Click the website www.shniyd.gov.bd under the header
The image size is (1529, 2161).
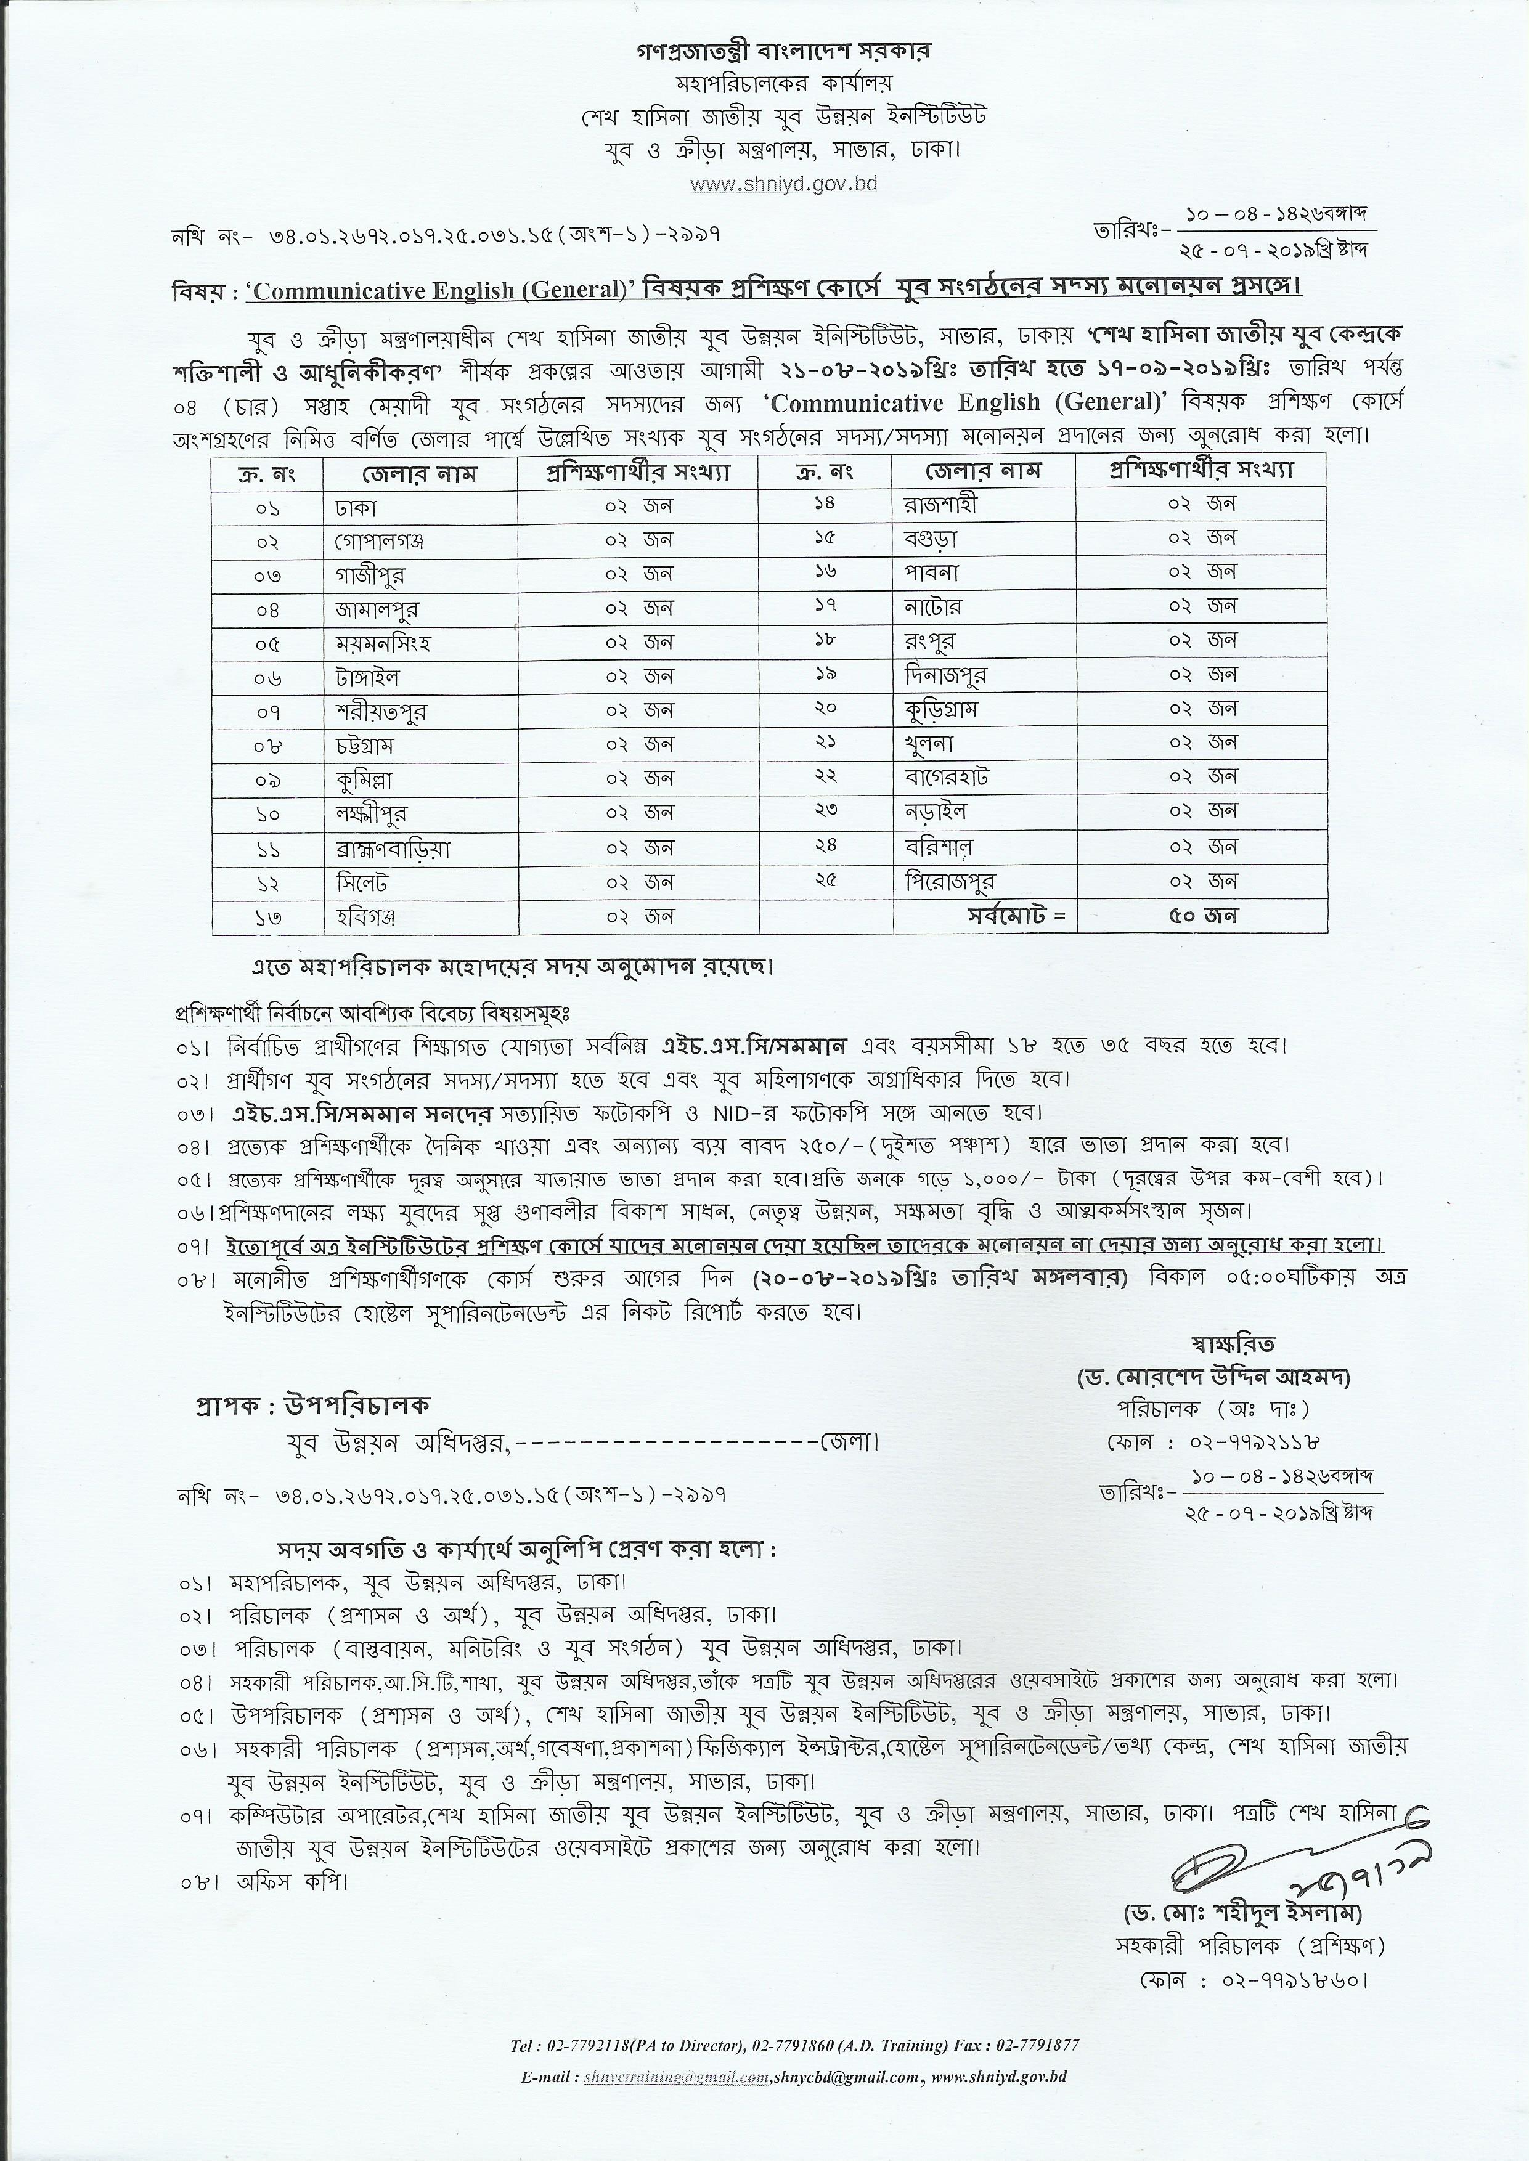783,184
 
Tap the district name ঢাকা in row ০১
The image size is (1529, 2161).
355,507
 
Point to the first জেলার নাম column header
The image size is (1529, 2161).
419,473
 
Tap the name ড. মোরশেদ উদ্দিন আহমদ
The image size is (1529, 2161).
1215,1378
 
